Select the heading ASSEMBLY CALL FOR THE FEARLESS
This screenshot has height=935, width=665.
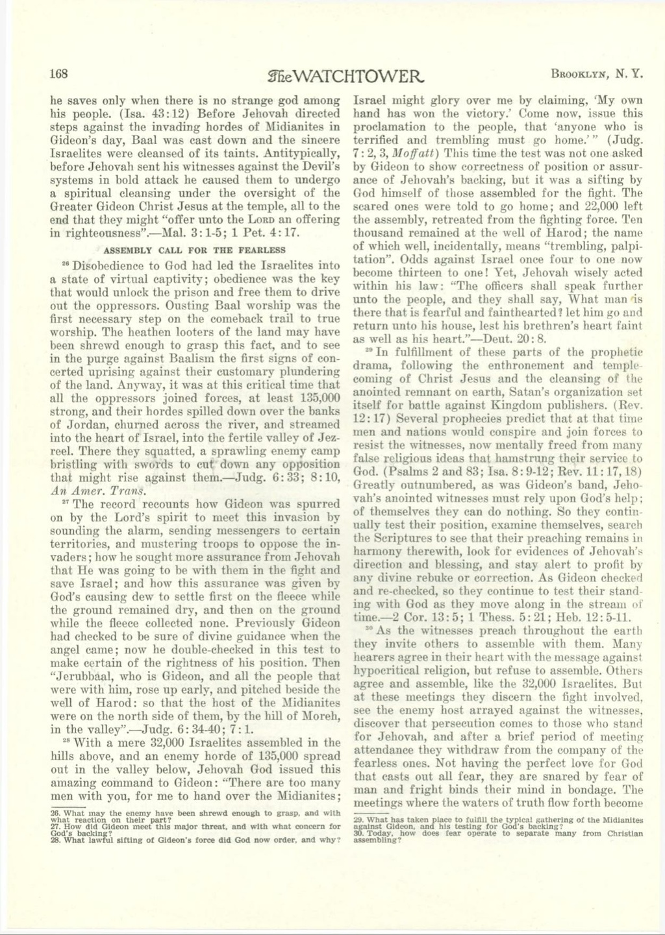(x=194, y=250)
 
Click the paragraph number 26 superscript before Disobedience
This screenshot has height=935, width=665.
(x=55, y=263)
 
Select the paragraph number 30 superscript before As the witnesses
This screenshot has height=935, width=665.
(x=370, y=628)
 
